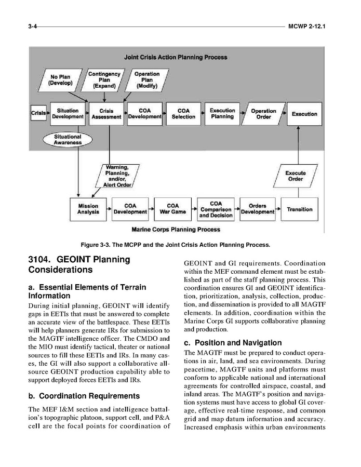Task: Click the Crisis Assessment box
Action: [x=106, y=114]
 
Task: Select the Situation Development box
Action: [x=68, y=114]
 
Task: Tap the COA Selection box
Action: [x=183, y=114]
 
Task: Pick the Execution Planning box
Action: [x=222, y=114]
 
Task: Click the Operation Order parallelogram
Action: [x=263, y=114]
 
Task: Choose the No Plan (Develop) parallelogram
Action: [x=59, y=79]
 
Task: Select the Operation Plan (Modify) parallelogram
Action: [x=146, y=79]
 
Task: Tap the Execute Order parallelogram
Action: [x=296, y=176]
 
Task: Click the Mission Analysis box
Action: [x=88, y=209]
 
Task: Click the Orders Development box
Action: [x=258, y=209]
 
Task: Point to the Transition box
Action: [x=300, y=209]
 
